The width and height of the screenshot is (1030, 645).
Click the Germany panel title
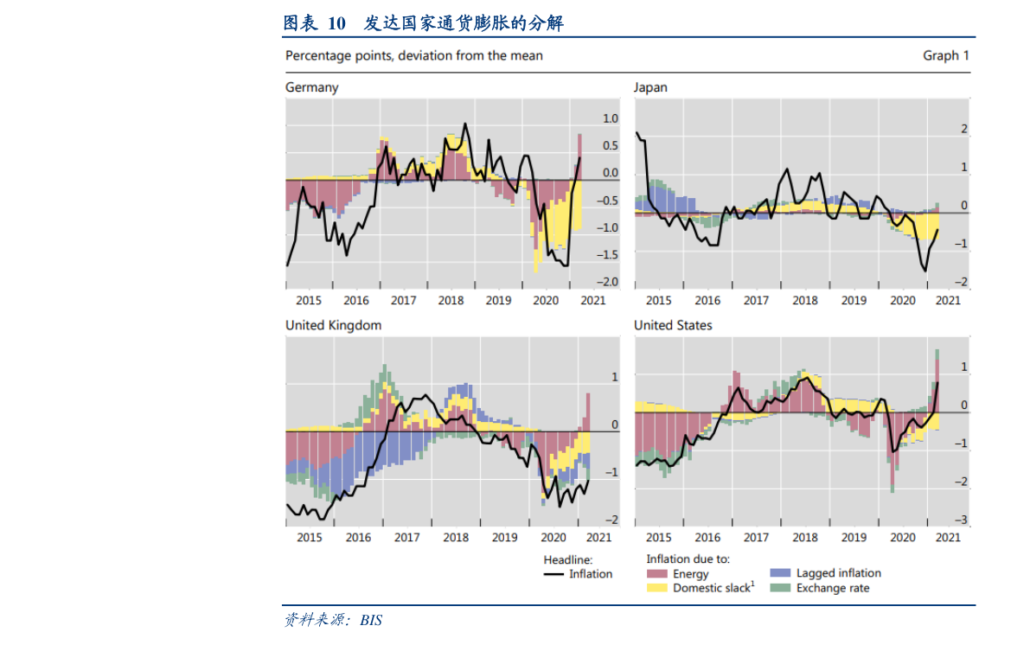click(311, 87)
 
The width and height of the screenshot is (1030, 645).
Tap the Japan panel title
click(650, 87)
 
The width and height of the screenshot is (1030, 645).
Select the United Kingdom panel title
click(333, 325)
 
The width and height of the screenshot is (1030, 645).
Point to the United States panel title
click(673, 325)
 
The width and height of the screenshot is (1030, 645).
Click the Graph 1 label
click(946, 55)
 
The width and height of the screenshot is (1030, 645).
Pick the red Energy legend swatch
click(657, 574)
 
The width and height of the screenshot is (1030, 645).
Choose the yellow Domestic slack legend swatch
click(657, 588)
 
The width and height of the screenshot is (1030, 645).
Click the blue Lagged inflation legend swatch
click(781, 573)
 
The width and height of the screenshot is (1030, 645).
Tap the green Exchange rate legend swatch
click(781, 588)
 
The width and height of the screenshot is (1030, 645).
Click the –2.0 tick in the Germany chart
click(610, 282)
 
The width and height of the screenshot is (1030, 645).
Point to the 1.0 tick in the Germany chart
click(610, 118)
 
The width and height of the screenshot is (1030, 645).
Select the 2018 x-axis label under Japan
click(805, 300)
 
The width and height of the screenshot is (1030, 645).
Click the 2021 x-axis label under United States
click(948, 537)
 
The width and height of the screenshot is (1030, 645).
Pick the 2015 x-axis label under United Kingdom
click(309, 537)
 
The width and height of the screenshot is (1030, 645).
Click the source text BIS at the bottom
click(371, 621)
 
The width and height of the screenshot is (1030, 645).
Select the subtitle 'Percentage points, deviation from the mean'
click(414, 55)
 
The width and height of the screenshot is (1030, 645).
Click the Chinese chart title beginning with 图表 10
click(423, 23)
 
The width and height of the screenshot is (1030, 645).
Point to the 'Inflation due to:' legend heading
click(688, 559)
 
